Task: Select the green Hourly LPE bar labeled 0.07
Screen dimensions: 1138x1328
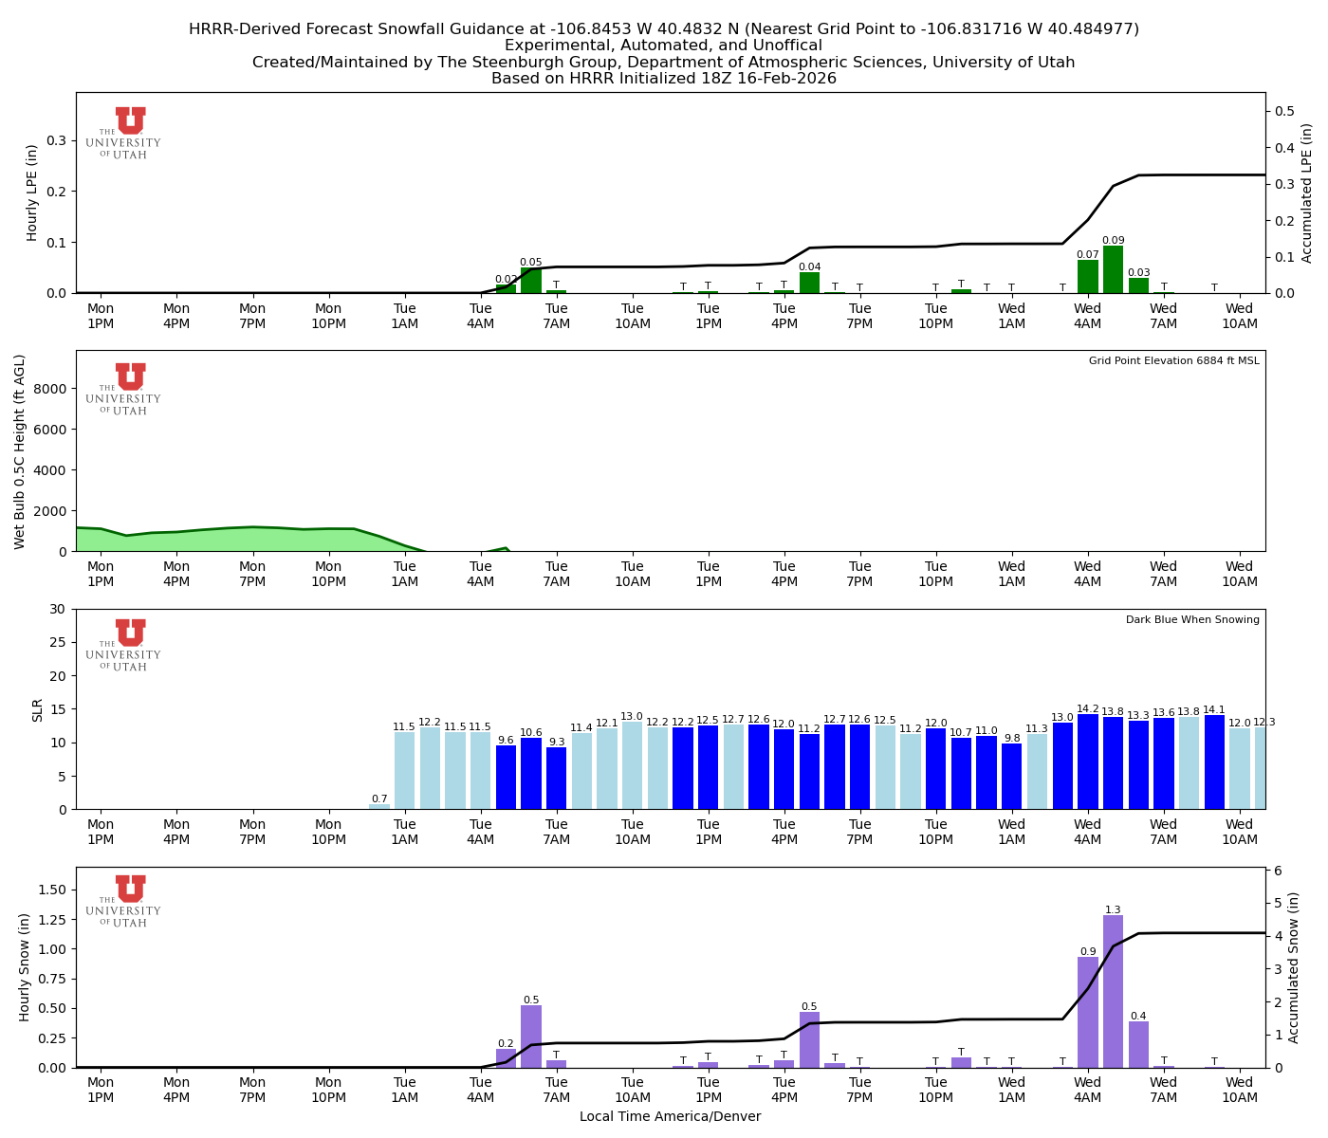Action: pos(1087,276)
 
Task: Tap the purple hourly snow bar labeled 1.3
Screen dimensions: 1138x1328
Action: pos(1113,991)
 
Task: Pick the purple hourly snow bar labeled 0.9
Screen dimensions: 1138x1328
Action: pos(1087,1012)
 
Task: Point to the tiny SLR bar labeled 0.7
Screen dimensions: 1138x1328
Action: pos(379,806)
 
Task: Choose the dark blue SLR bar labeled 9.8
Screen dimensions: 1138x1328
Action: pos(1012,776)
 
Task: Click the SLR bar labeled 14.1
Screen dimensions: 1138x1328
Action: pos(1214,762)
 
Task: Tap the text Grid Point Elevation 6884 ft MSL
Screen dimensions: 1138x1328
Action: pos(1173,361)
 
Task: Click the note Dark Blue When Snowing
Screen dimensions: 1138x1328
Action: pos(1192,620)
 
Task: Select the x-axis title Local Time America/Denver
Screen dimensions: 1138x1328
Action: pos(670,1116)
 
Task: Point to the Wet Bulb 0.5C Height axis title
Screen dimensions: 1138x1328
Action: pos(20,451)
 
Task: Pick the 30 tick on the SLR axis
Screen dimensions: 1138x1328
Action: pos(60,609)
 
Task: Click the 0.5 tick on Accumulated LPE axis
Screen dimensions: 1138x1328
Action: pos(1285,111)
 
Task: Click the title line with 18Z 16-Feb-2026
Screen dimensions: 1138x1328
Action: pos(664,79)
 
